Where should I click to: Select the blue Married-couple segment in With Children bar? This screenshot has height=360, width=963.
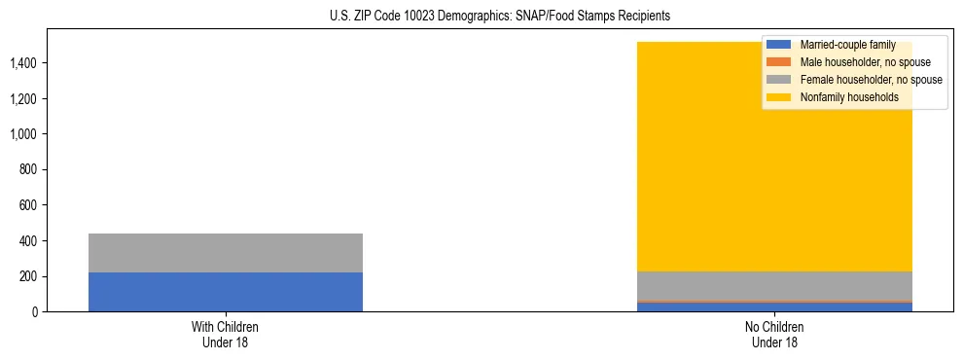pos(226,292)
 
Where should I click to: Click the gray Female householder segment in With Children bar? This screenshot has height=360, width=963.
pos(226,253)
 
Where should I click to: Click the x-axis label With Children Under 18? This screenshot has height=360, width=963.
pos(226,334)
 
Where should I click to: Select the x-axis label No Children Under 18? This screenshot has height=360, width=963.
pos(774,334)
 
